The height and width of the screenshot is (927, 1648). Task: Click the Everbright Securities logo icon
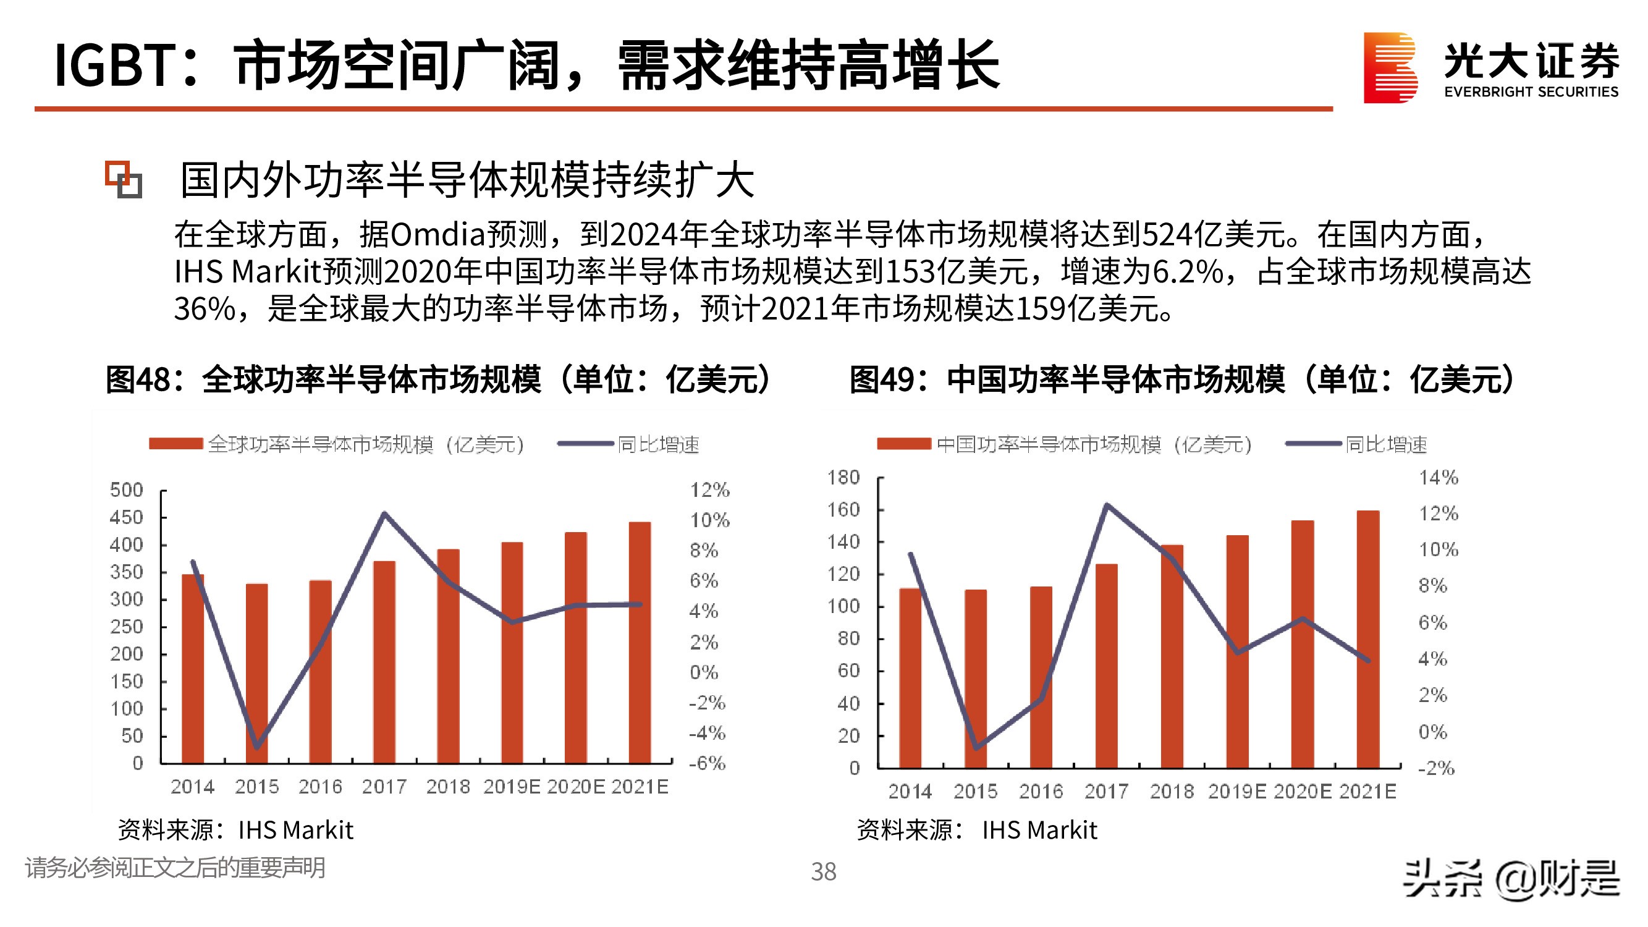(1390, 67)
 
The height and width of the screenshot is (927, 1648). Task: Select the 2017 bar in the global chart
(384, 662)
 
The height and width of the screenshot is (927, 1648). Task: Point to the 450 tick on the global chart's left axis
(126, 517)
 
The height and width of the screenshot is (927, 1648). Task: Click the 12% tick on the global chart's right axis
(709, 490)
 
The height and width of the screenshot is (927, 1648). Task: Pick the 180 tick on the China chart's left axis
(843, 477)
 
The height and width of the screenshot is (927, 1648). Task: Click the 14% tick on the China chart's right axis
(1438, 477)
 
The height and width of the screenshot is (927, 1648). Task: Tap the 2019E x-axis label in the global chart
(512, 787)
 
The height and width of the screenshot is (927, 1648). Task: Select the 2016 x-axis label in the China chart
(1041, 792)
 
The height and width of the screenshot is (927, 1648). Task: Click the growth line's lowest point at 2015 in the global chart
(256, 747)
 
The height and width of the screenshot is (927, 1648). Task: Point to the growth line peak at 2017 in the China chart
(1107, 506)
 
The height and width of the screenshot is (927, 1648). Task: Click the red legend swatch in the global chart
(176, 443)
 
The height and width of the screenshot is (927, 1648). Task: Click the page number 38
(823, 871)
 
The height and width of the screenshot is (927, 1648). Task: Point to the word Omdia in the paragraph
(437, 234)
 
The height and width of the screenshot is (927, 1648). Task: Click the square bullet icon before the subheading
(124, 179)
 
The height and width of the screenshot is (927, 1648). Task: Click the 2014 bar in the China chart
(910, 678)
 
